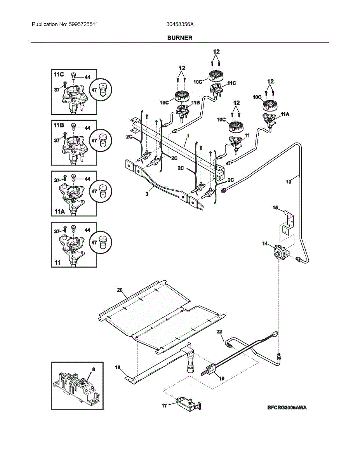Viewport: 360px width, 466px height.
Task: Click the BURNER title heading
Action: (180, 38)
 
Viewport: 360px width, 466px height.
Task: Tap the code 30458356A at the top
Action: (180, 24)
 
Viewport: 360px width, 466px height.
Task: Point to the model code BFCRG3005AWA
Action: (287, 407)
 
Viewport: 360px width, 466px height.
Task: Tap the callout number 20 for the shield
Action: (120, 290)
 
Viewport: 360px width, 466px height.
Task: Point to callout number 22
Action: (219, 331)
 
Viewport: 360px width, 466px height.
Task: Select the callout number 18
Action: (118, 367)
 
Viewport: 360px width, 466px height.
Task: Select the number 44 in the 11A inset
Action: (87, 179)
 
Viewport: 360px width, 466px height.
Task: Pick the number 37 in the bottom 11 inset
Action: (57, 231)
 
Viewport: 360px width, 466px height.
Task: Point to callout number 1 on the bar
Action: (188, 136)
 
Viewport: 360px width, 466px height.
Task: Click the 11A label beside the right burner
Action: (285, 114)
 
